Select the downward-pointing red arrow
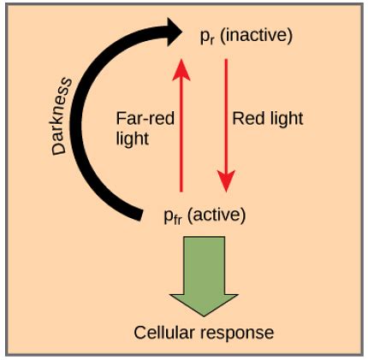point(225,124)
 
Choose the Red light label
point(266,119)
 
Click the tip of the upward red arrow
point(181,59)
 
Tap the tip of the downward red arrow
point(225,190)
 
